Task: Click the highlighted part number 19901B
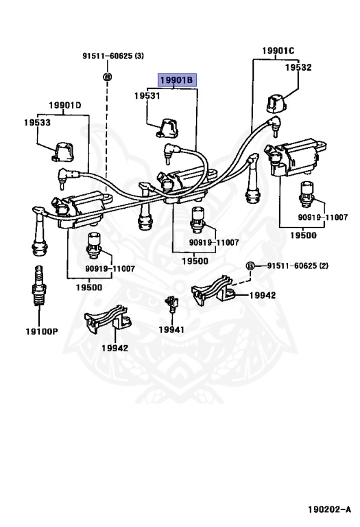click(x=177, y=80)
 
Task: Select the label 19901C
click(x=278, y=51)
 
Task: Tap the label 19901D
click(x=65, y=105)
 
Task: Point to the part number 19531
click(x=147, y=96)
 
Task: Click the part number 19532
click(x=298, y=67)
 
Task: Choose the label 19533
click(x=37, y=122)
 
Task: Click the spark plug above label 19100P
click(x=39, y=285)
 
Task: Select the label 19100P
click(x=42, y=331)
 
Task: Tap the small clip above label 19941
click(x=171, y=303)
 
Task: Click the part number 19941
click(x=171, y=329)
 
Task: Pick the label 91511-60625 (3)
click(x=113, y=56)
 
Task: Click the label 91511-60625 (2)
click(x=298, y=266)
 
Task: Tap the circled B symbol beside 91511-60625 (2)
click(x=250, y=266)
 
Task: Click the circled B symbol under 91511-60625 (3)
click(x=107, y=77)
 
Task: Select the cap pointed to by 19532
click(x=276, y=104)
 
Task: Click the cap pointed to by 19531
click(x=167, y=128)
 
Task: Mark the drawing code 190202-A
click(x=329, y=510)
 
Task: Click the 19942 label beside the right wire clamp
click(x=262, y=296)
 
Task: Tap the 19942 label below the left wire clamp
click(x=115, y=348)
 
